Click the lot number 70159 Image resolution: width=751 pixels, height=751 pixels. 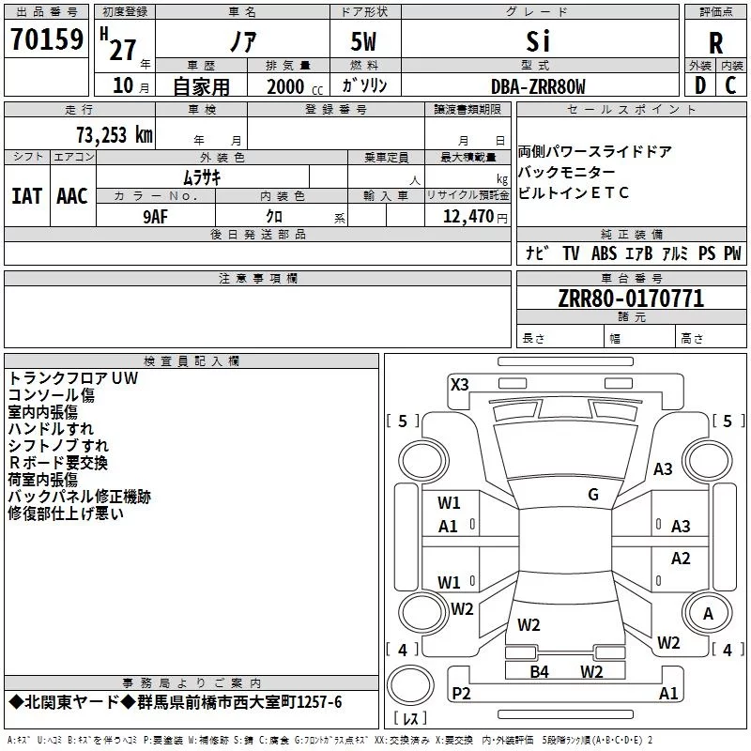coord(47,39)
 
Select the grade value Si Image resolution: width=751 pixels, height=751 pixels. coord(538,41)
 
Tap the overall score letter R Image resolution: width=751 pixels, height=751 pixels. coord(715,43)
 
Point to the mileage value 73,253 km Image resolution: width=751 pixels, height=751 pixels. coord(115,135)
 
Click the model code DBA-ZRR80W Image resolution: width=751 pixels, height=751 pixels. coord(538,86)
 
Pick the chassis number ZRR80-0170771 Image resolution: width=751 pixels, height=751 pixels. coord(631,299)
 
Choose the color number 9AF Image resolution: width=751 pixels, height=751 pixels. coord(155,217)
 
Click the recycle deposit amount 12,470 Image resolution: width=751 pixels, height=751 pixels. coord(467,217)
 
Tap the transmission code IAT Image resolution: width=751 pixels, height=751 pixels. coord(27,196)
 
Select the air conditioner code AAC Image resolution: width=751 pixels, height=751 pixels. coord(72,196)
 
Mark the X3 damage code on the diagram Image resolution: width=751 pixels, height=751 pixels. coord(460,385)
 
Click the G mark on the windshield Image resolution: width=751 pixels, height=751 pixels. coord(593,495)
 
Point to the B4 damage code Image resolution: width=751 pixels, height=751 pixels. coord(539,671)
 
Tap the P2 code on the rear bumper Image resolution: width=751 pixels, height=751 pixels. coord(461,693)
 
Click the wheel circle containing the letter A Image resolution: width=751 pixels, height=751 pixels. coord(708,613)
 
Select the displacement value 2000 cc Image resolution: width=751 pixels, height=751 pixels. coord(295,86)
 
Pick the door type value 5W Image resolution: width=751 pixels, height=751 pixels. coord(363,41)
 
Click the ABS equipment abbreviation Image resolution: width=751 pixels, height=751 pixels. coord(604,253)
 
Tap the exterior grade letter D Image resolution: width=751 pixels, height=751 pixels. coord(700,85)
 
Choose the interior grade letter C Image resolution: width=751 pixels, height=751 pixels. coord(730,85)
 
